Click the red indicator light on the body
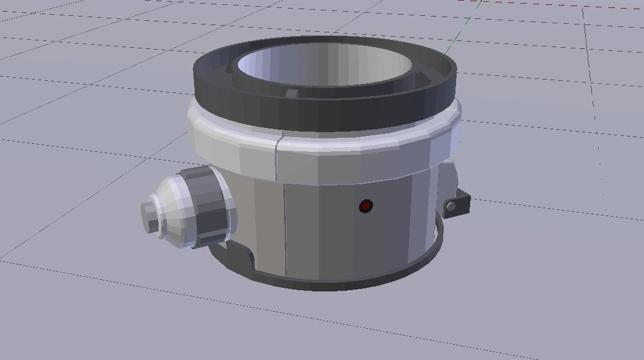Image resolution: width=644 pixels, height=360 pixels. click(x=365, y=206)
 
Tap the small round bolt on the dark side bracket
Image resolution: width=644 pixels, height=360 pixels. click(x=452, y=208)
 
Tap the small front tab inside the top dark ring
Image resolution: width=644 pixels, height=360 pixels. click(x=292, y=93)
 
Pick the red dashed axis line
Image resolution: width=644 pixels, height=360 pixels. click(x=551, y=4)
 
